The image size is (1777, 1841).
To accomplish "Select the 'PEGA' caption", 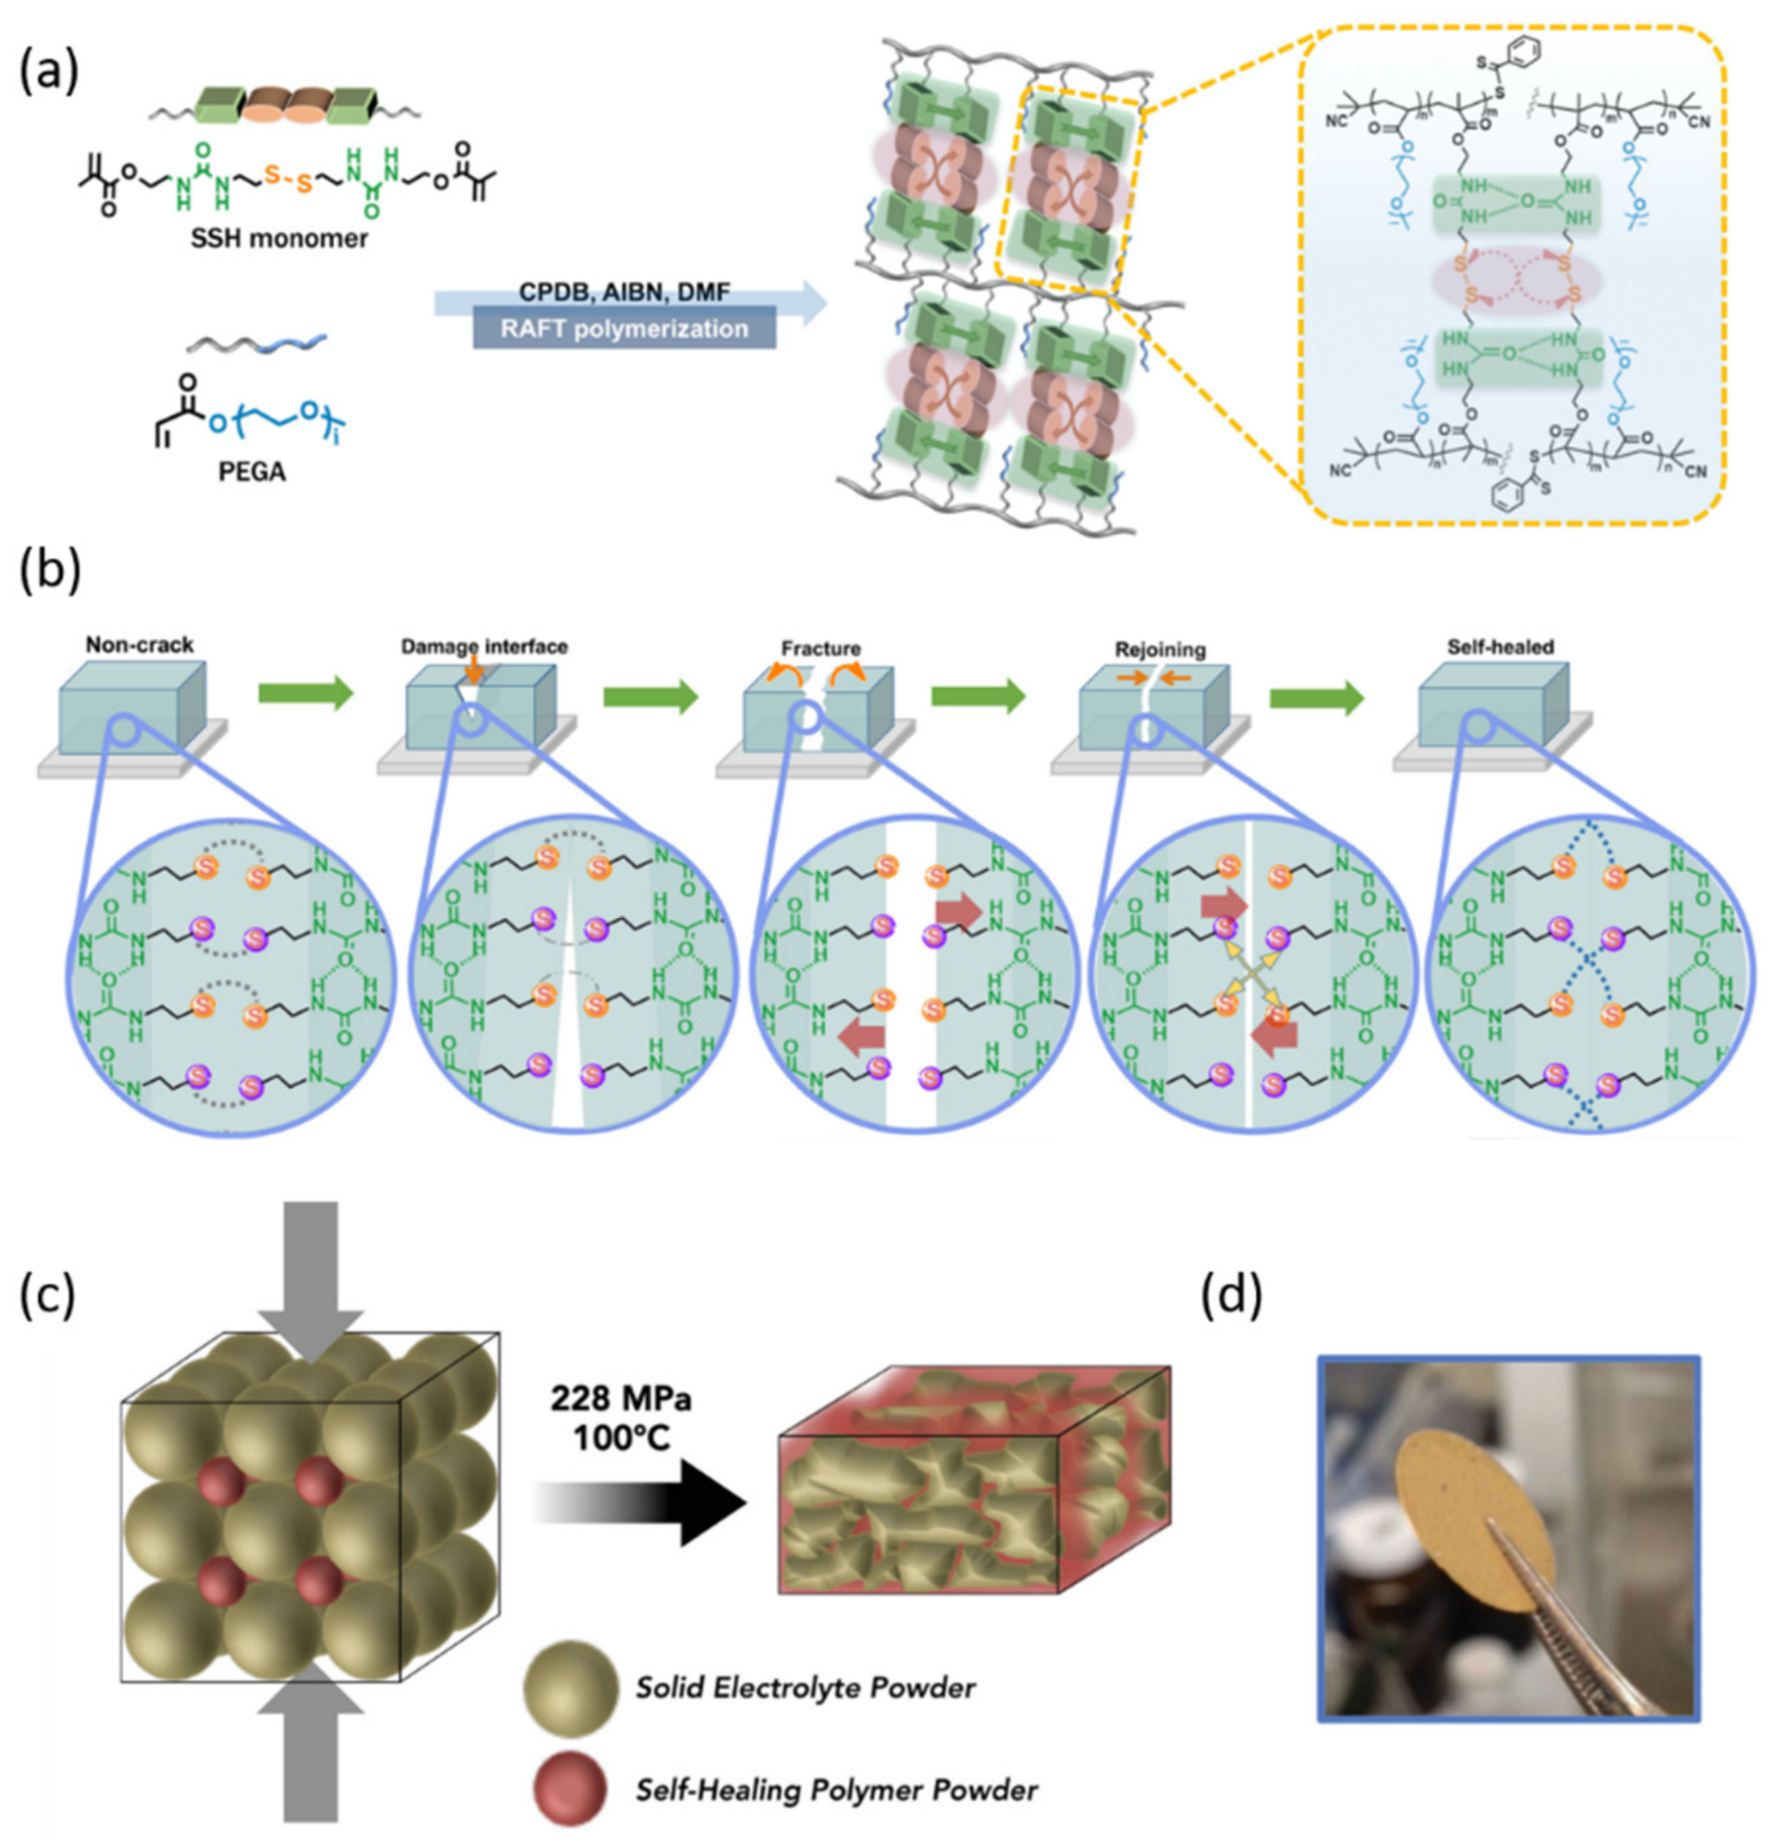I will (x=252, y=472).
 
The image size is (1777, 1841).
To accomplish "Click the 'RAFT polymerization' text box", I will (x=624, y=329).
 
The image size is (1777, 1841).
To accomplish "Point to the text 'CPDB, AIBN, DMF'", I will (x=624, y=293).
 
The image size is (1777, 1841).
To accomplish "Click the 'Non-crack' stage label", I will (x=139, y=645).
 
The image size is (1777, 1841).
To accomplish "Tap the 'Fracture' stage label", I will (x=820, y=649).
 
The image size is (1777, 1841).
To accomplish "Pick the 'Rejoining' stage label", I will (x=1160, y=650).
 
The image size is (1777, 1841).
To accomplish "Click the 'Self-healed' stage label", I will (x=1500, y=647).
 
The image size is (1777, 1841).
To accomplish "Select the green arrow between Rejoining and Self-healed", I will (x=1316, y=698).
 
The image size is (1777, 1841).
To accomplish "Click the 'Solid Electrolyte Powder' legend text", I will (x=806, y=1688).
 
